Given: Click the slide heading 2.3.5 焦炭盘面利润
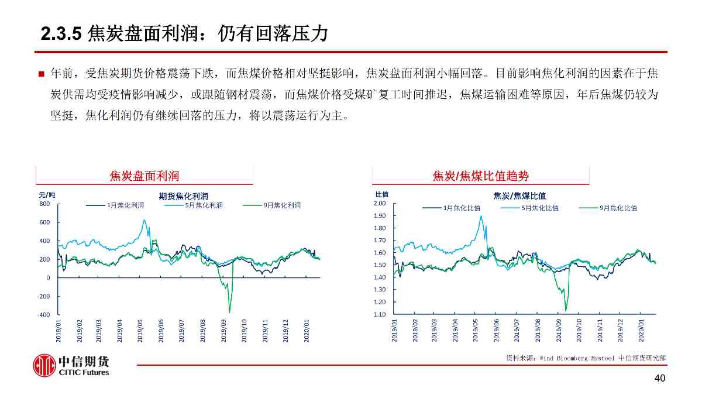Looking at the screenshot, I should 184,35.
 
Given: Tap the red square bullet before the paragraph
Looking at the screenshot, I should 42,74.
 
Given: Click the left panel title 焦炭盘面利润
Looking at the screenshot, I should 144,176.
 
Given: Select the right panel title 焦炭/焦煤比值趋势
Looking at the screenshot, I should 480,176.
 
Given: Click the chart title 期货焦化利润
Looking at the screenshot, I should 184,196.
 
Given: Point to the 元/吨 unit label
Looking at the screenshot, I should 47,194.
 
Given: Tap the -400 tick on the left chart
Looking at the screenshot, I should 44,315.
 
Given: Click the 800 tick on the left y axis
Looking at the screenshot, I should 45,204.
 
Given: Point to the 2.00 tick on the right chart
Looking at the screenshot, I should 380,203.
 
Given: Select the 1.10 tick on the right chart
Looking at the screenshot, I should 380,314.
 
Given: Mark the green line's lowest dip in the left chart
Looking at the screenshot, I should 229,311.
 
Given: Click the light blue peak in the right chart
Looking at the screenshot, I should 481,217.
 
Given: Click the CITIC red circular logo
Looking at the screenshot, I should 44,365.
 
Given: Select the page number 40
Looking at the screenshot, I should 660,379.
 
